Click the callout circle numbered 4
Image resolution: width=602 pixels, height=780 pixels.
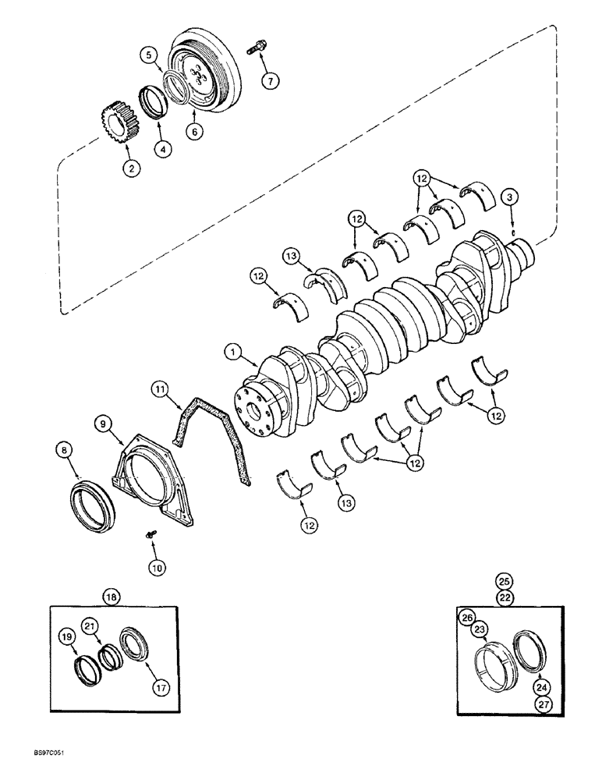[x=162, y=147]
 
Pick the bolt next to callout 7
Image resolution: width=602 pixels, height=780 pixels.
[x=256, y=48]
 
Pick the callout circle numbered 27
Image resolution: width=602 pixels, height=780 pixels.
[x=540, y=704]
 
